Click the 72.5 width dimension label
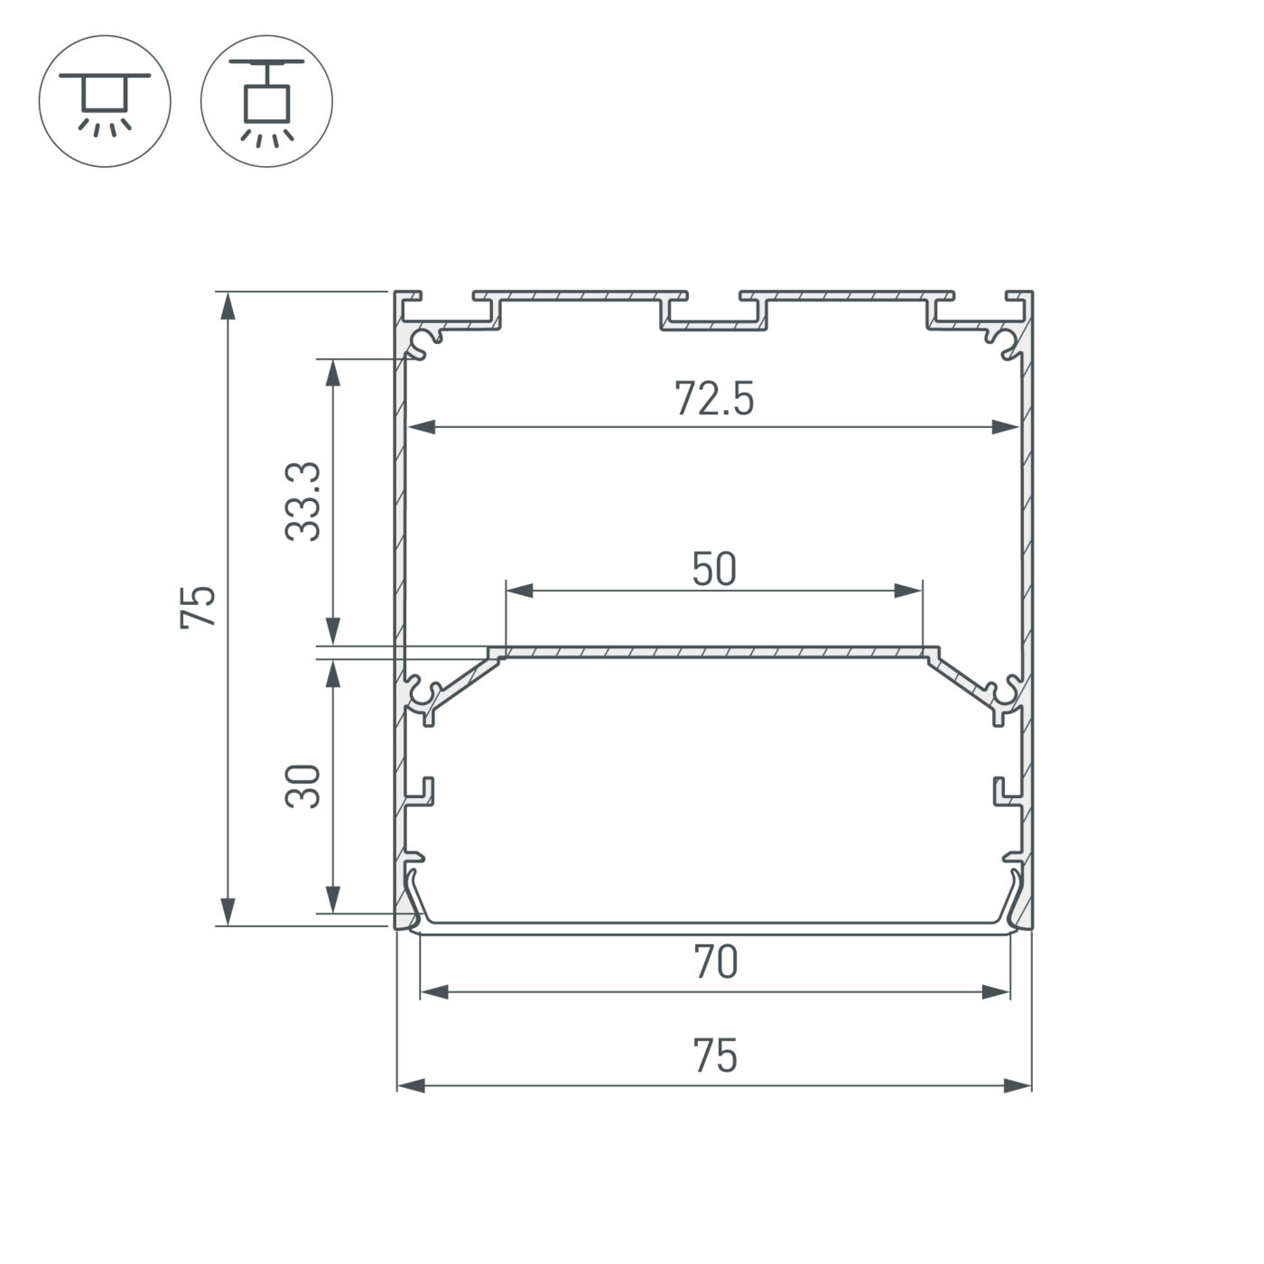(x=713, y=399)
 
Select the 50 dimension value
(x=714, y=569)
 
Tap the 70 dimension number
(x=715, y=962)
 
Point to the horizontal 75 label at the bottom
(x=715, y=1055)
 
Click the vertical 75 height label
(x=200, y=607)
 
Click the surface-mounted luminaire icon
(x=105, y=100)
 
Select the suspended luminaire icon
(x=266, y=100)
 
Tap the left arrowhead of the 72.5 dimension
(x=422, y=427)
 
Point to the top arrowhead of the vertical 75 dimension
(x=228, y=305)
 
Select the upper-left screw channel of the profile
(x=423, y=343)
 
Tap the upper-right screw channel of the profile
(x=1005, y=343)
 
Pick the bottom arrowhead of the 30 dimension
(x=333, y=899)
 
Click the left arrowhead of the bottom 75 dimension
(x=412, y=1084)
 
